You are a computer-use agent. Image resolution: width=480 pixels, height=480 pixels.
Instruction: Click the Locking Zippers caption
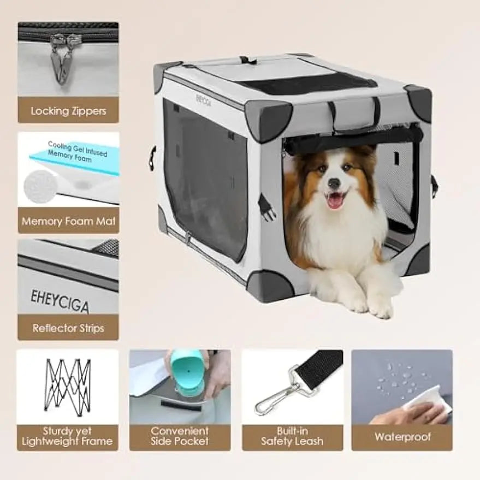(x=68, y=111)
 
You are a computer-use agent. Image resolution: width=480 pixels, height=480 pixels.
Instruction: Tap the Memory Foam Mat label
(x=68, y=222)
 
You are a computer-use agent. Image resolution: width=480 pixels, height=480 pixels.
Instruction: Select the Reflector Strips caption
(x=68, y=328)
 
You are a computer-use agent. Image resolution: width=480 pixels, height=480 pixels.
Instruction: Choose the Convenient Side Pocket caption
(x=180, y=436)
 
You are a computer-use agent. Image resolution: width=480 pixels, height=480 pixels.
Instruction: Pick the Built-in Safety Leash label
(x=292, y=436)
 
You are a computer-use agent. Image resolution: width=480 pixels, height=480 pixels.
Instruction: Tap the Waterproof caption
(x=402, y=437)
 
